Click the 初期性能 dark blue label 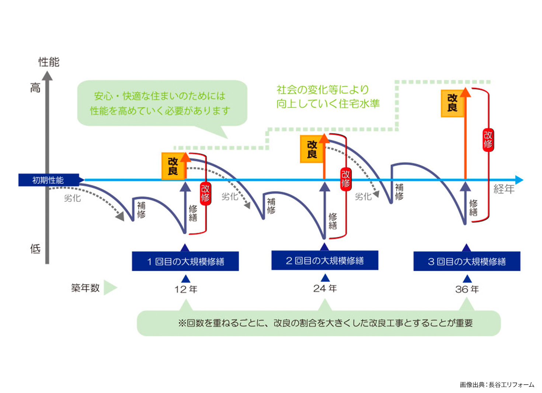pos(48,180)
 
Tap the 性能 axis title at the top pos(49,62)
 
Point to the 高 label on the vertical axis pos(35,88)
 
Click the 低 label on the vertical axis pos(35,249)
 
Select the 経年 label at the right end pos(504,189)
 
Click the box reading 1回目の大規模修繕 pos(185,261)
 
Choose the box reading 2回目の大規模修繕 pos(324,261)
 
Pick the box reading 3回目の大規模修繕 pos(466,261)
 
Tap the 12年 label pos(186,289)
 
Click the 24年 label pos(325,288)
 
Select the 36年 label pos(467,289)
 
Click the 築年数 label pos(85,288)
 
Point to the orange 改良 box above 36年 pos(452,103)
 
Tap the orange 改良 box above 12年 pos(173,166)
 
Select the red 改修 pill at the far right pos(488,140)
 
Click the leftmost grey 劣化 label pos(72,199)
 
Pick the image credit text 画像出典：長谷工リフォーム pos(497,385)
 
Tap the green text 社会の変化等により pos(323,90)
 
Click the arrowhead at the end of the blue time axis pos(519,180)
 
